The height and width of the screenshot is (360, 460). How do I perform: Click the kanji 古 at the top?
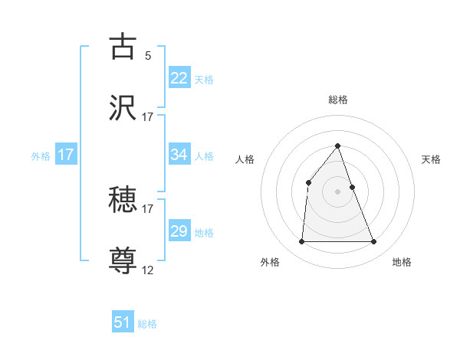click(123, 47)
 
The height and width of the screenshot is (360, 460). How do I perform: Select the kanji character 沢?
click(123, 107)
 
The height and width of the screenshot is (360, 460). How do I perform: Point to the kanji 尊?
click(123, 260)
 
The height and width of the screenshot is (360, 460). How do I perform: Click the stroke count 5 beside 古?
click(148, 55)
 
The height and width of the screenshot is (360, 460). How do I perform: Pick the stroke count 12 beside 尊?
click(148, 270)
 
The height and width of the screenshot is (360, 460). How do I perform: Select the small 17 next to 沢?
click(148, 116)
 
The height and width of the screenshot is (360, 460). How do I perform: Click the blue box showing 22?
click(179, 77)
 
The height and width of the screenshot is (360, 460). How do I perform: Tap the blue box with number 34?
click(179, 155)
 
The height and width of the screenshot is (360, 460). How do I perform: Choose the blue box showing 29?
click(179, 231)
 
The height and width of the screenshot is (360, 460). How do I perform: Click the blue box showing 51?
click(123, 322)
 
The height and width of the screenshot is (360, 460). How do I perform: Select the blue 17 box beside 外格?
click(66, 155)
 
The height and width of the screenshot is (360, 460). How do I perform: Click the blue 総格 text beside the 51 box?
click(147, 324)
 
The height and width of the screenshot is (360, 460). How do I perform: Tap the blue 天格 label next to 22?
click(204, 79)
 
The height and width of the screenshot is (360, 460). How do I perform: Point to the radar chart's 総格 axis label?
click(338, 100)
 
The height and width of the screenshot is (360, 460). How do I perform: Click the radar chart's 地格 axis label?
click(402, 262)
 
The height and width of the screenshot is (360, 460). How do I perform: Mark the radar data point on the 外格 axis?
click(301, 242)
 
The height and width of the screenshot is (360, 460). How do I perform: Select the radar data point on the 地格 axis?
click(374, 242)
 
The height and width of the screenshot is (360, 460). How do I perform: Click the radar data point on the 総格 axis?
click(338, 146)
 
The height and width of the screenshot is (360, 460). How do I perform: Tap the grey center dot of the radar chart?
click(338, 191)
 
